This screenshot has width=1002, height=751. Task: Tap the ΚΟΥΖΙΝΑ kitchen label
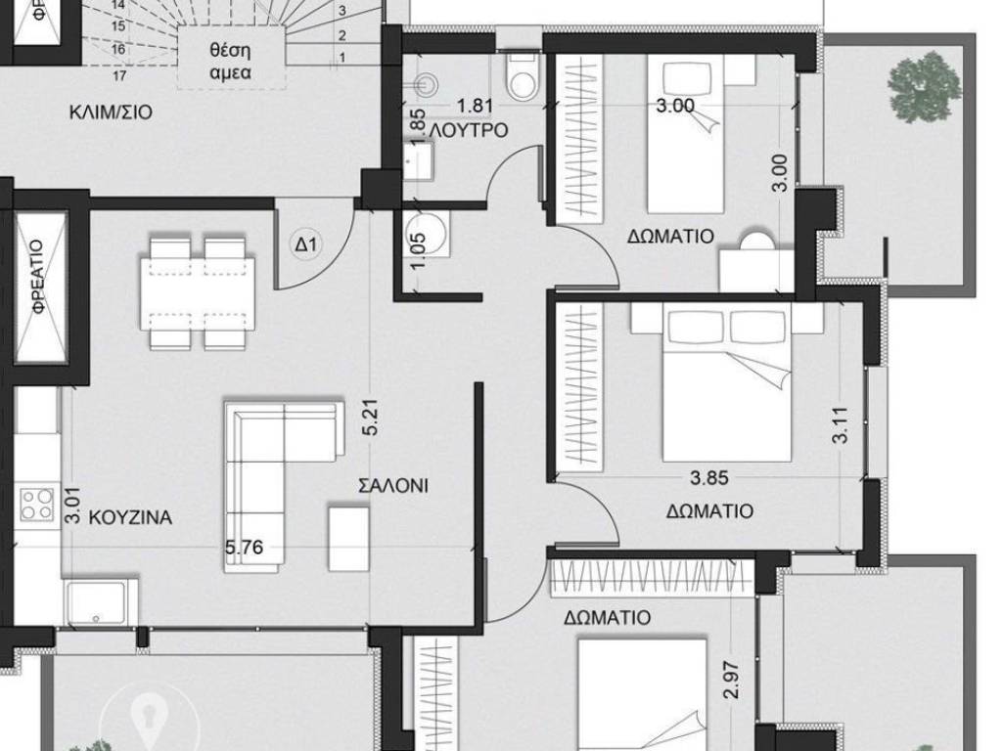tap(130, 517)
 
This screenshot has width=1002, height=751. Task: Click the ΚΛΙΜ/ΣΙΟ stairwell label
tap(111, 111)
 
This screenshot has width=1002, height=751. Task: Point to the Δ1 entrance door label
tap(307, 244)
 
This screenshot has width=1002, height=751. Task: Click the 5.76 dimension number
tap(246, 548)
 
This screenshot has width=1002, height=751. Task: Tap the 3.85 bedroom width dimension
tap(709, 479)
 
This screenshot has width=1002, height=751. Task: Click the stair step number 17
tap(119, 74)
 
